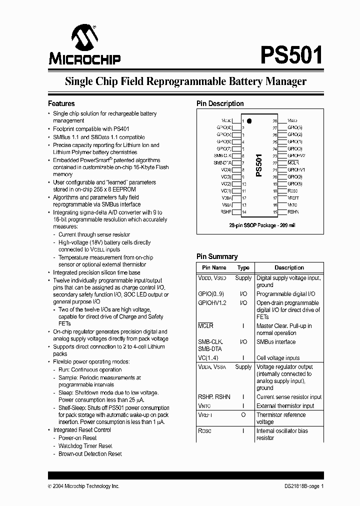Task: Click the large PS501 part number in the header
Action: coord(291,53)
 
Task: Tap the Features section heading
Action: coord(61,103)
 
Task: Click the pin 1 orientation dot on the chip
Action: coord(249,121)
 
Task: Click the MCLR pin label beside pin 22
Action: coord(293,163)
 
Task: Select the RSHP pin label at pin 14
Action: coord(225,212)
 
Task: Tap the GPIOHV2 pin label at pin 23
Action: coord(296,156)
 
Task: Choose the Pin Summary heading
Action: coord(216,256)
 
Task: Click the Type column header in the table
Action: coord(243,268)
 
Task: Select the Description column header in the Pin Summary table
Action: coord(289,268)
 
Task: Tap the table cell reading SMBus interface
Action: coord(275,342)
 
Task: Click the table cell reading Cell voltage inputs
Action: coord(278,358)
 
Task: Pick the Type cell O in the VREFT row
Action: coord(243,415)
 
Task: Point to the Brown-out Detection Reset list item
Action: coord(90,454)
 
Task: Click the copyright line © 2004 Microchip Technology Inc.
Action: coord(83,486)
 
